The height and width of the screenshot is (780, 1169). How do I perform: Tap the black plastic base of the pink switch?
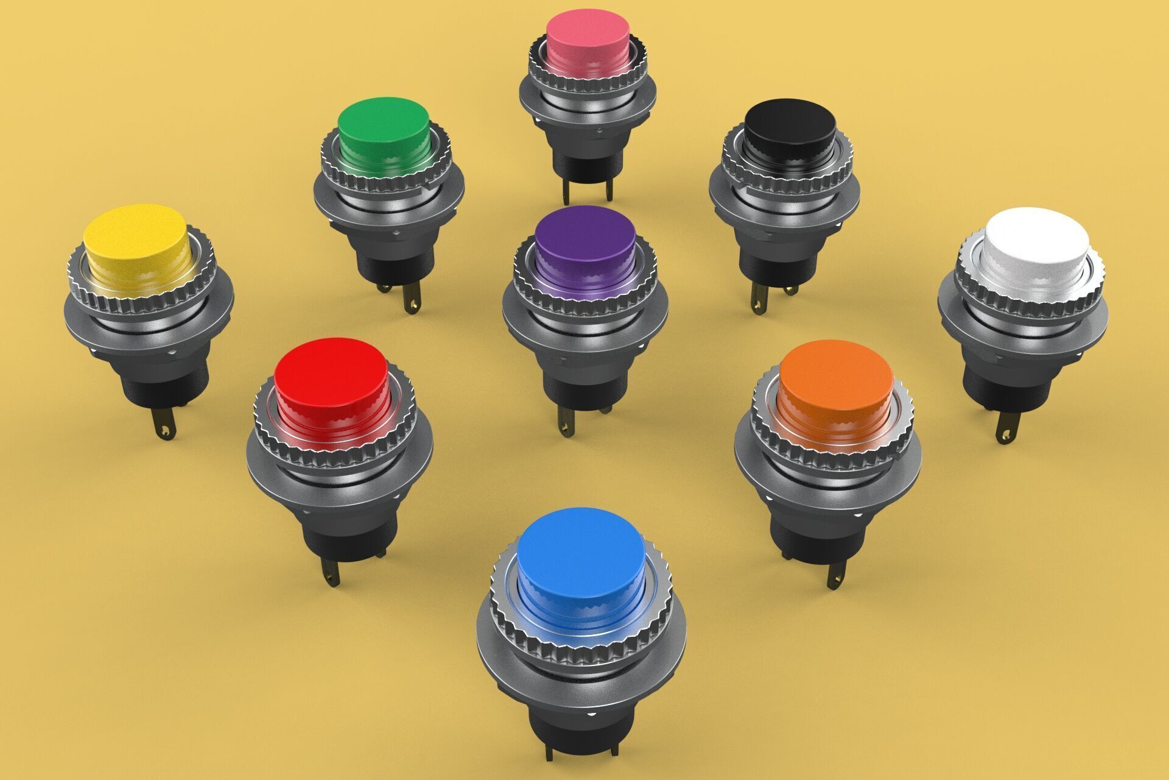point(588,161)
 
